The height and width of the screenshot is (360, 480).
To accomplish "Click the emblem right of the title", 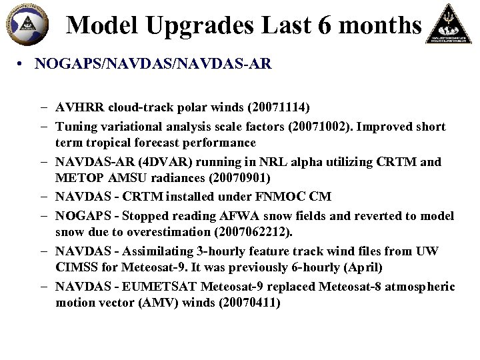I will pyautogui.click(x=450, y=25).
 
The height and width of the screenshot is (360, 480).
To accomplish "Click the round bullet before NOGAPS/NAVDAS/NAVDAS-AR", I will pyautogui.click(x=22, y=65).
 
